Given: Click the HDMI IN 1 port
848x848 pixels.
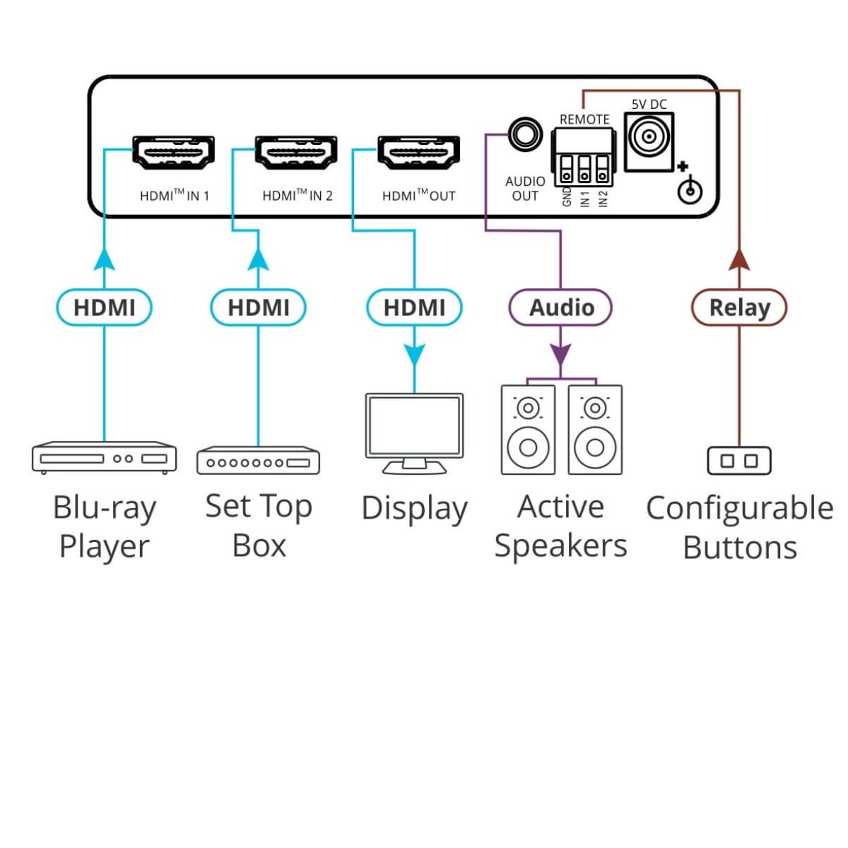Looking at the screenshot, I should [173, 152].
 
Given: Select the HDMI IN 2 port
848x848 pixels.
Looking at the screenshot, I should [295, 152].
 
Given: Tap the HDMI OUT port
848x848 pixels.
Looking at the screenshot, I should [418, 152].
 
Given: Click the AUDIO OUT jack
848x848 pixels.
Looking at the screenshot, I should [524, 133].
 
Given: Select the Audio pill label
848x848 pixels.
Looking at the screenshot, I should [561, 307].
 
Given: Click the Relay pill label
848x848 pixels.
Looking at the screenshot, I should [738, 307].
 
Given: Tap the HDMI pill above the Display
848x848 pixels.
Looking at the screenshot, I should [414, 307].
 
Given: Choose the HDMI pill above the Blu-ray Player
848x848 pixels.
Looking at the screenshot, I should [104, 307].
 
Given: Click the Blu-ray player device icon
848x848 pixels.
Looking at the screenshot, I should [104, 457].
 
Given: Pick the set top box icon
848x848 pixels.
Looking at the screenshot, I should [258, 461].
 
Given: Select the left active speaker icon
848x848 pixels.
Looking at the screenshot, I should [527, 429].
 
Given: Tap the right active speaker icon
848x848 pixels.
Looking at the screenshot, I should [595, 429].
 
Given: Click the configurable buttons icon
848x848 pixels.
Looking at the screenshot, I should [738, 461].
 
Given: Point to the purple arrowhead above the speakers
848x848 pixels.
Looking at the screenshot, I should [560, 353].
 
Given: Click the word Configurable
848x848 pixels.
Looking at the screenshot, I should [738, 508].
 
